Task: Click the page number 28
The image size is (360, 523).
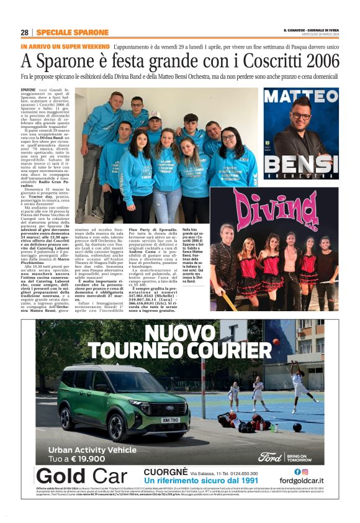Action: pos(24,32)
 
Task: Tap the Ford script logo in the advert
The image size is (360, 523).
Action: pos(270,457)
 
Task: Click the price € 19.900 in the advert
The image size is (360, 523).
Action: pos(92,458)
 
